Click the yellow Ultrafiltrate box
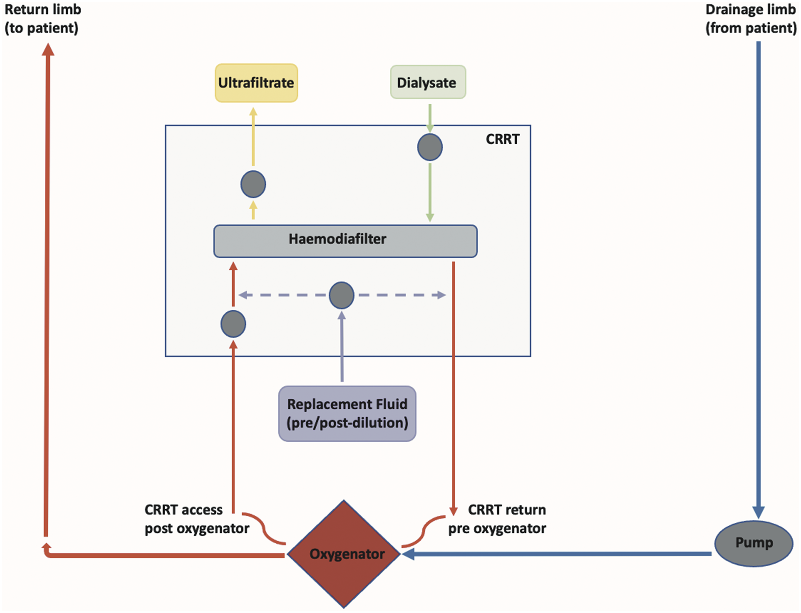click(x=256, y=83)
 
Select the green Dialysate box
click(x=428, y=82)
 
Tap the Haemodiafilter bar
click(x=345, y=241)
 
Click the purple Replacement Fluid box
click(x=347, y=414)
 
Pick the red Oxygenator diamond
click(x=344, y=554)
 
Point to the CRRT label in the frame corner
click(x=502, y=139)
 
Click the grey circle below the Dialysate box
click(x=430, y=147)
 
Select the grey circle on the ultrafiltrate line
click(x=253, y=184)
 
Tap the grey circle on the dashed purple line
click(x=341, y=295)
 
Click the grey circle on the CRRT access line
click(x=233, y=324)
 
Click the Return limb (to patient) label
click(x=43, y=19)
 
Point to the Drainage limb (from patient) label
click(x=751, y=19)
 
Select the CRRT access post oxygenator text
click(x=197, y=519)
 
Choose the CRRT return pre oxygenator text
click(x=497, y=519)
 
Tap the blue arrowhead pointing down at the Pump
click(x=758, y=513)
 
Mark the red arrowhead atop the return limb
click(x=48, y=49)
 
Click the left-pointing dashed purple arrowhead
click(x=243, y=295)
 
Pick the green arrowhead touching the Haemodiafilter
click(x=430, y=217)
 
